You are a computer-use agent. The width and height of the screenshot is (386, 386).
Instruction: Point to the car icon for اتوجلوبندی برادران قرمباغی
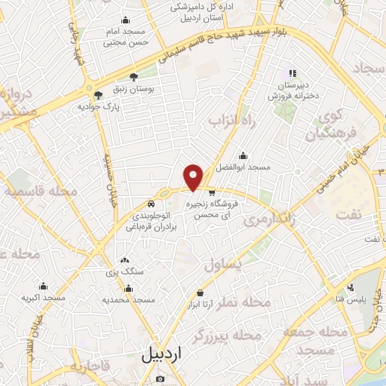point(152,204)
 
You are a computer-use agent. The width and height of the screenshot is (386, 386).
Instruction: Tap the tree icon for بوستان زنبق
point(134,76)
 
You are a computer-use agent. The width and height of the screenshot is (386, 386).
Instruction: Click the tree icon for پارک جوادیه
point(97,94)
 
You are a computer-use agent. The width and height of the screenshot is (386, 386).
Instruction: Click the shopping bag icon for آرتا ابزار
point(200,293)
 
